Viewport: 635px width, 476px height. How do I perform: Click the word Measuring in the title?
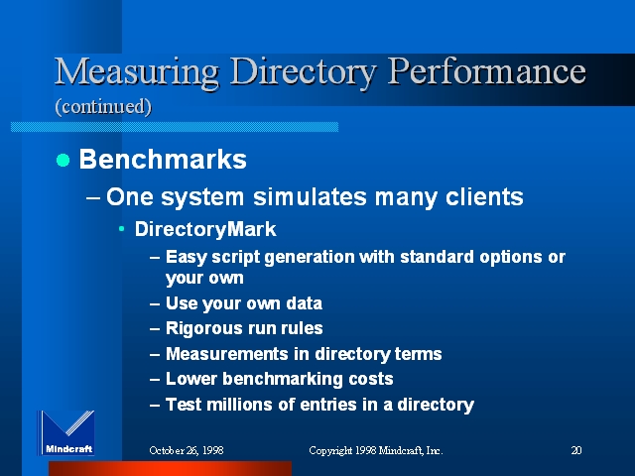(137, 72)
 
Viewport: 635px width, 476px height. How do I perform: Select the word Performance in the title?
(487, 71)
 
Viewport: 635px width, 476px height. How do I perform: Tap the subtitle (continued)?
(103, 107)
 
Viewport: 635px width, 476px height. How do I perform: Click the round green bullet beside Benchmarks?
(63, 160)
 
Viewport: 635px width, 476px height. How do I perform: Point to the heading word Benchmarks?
(163, 159)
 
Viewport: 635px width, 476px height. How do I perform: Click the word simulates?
(310, 197)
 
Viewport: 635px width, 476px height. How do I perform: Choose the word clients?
(484, 197)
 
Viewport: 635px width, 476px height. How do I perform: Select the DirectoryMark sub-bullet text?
(205, 229)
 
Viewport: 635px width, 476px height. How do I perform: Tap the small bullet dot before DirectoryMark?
(121, 229)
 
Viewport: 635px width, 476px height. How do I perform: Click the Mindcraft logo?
(66, 432)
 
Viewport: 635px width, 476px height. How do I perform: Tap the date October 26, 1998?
(187, 450)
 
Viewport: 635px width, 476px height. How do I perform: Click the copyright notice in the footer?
(376, 450)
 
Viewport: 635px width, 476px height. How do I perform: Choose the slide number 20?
(576, 450)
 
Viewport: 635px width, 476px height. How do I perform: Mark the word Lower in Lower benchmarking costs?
(191, 379)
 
